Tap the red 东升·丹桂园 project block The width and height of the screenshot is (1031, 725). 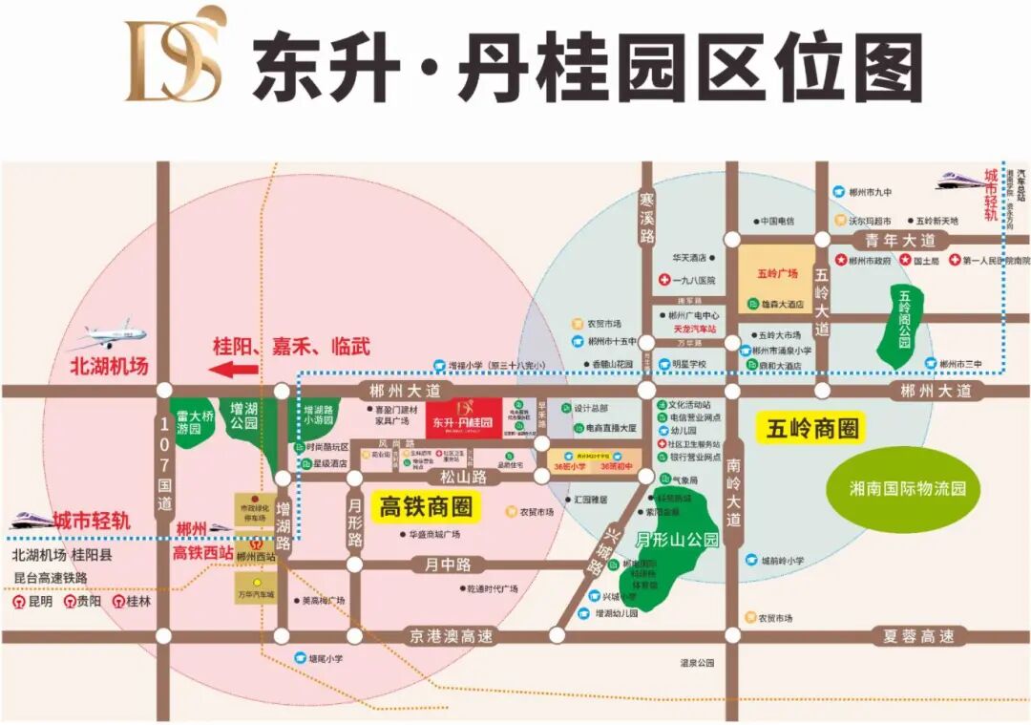point(463,418)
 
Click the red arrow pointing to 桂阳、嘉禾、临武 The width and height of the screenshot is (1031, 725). point(234,370)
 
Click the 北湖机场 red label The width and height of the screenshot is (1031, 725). point(110,365)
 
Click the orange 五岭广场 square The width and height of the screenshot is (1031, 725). point(776,273)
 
